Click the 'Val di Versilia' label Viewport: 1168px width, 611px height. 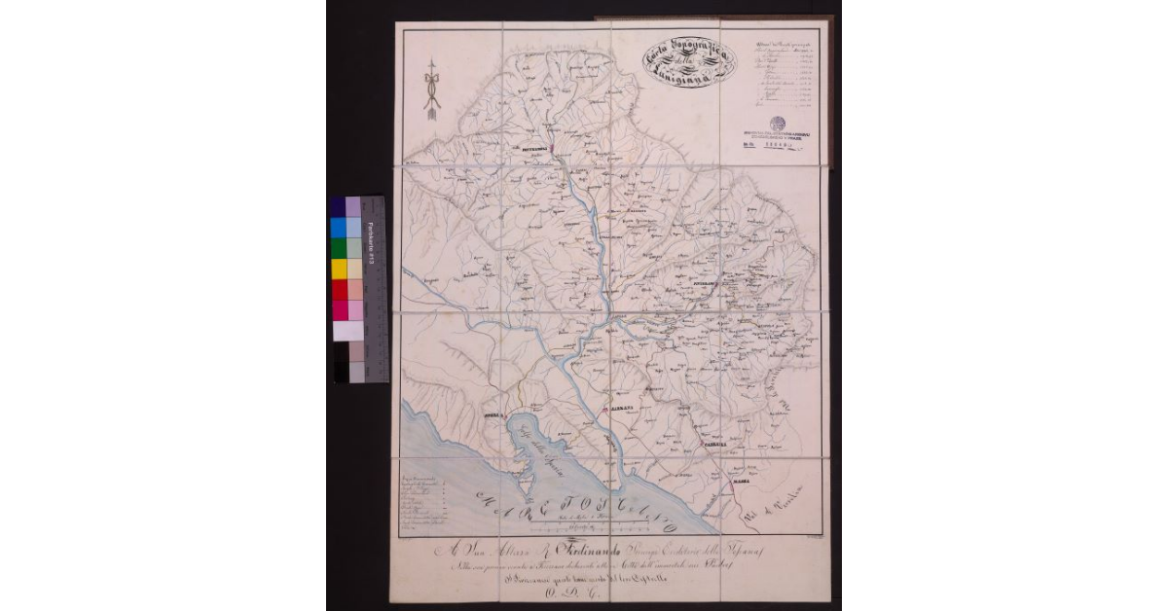(778, 502)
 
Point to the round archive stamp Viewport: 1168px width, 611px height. (777, 124)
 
